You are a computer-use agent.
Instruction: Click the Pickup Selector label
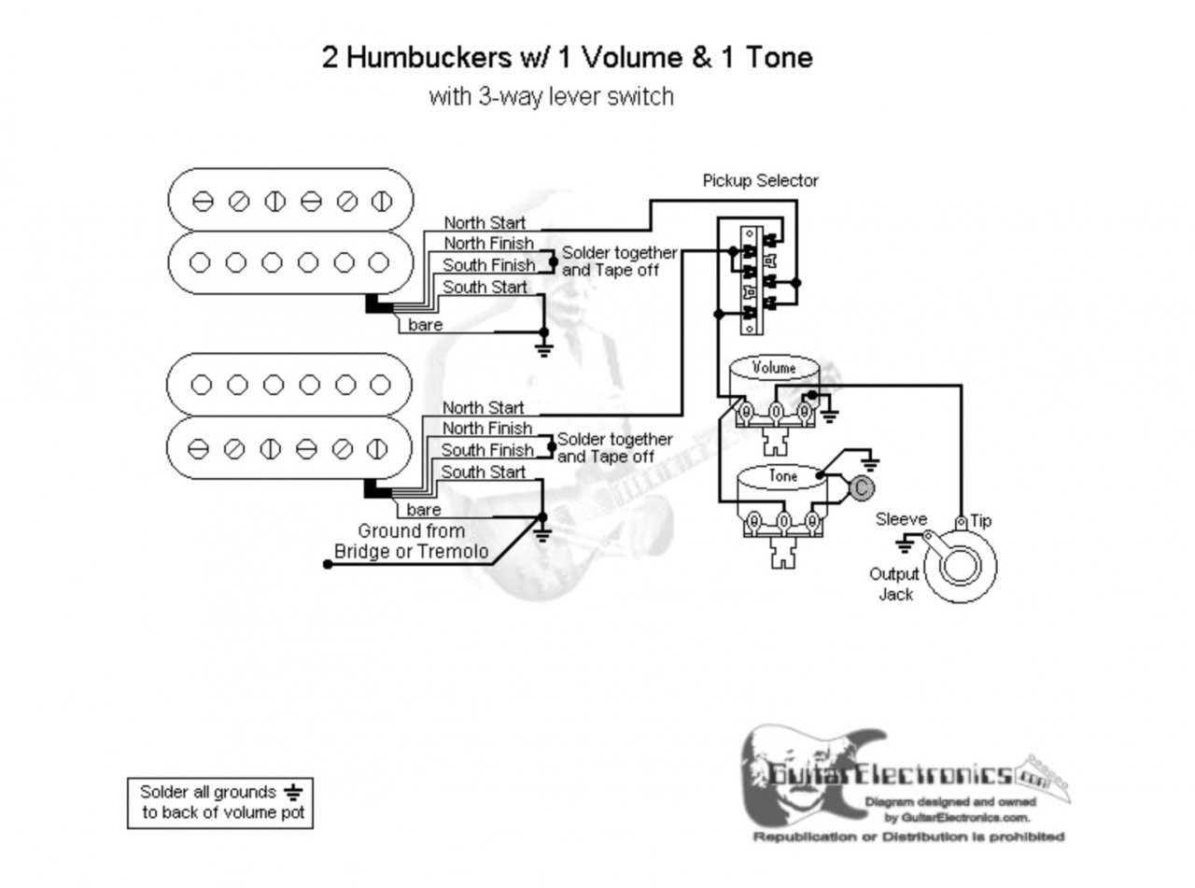click(x=760, y=180)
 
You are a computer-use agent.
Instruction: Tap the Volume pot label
click(x=774, y=367)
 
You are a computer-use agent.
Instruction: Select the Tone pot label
click(x=782, y=475)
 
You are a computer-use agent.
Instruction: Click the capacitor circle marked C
click(x=861, y=486)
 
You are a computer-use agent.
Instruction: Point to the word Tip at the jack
click(x=980, y=520)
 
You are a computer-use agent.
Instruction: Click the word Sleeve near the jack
click(x=901, y=519)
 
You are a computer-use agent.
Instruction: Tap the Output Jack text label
click(x=894, y=584)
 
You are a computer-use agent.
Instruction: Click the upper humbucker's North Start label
click(x=484, y=223)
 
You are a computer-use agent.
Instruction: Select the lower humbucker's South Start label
click(x=483, y=472)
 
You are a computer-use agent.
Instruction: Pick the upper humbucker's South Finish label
click(x=488, y=265)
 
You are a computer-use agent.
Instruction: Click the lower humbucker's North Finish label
click(x=487, y=429)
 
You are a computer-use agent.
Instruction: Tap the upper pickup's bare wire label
click(x=425, y=325)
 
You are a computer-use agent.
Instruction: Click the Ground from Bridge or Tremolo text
click(x=411, y=542)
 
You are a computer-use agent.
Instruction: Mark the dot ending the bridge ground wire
click(x=328, y=564)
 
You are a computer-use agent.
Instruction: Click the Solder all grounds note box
click(x=219, y=802)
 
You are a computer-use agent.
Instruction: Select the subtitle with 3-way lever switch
click(x=551, y=96)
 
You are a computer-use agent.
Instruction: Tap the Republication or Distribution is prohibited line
click(x=908, y=836)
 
